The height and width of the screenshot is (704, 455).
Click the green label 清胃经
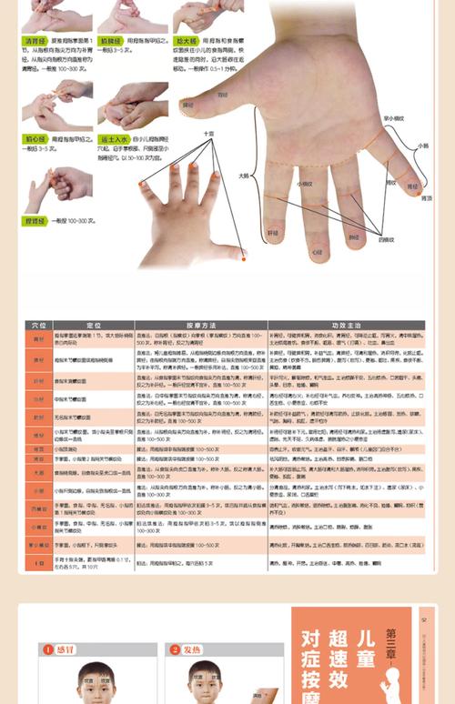(35, 42)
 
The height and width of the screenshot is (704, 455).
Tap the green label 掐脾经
(111, 42)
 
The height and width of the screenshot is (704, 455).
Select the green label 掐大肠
(187, 42)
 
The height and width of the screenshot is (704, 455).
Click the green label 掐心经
(35, 138)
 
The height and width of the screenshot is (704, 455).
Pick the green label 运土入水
(114, 138)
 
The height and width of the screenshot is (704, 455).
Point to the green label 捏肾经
(35, 221)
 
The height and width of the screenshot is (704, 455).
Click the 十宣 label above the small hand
(208, 133)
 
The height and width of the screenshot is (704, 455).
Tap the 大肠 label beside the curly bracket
(244, 176)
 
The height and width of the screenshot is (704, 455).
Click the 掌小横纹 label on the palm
(394, 118)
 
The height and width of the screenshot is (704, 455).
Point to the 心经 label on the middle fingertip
(318, 249)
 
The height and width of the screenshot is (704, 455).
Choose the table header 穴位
(38, 325)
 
